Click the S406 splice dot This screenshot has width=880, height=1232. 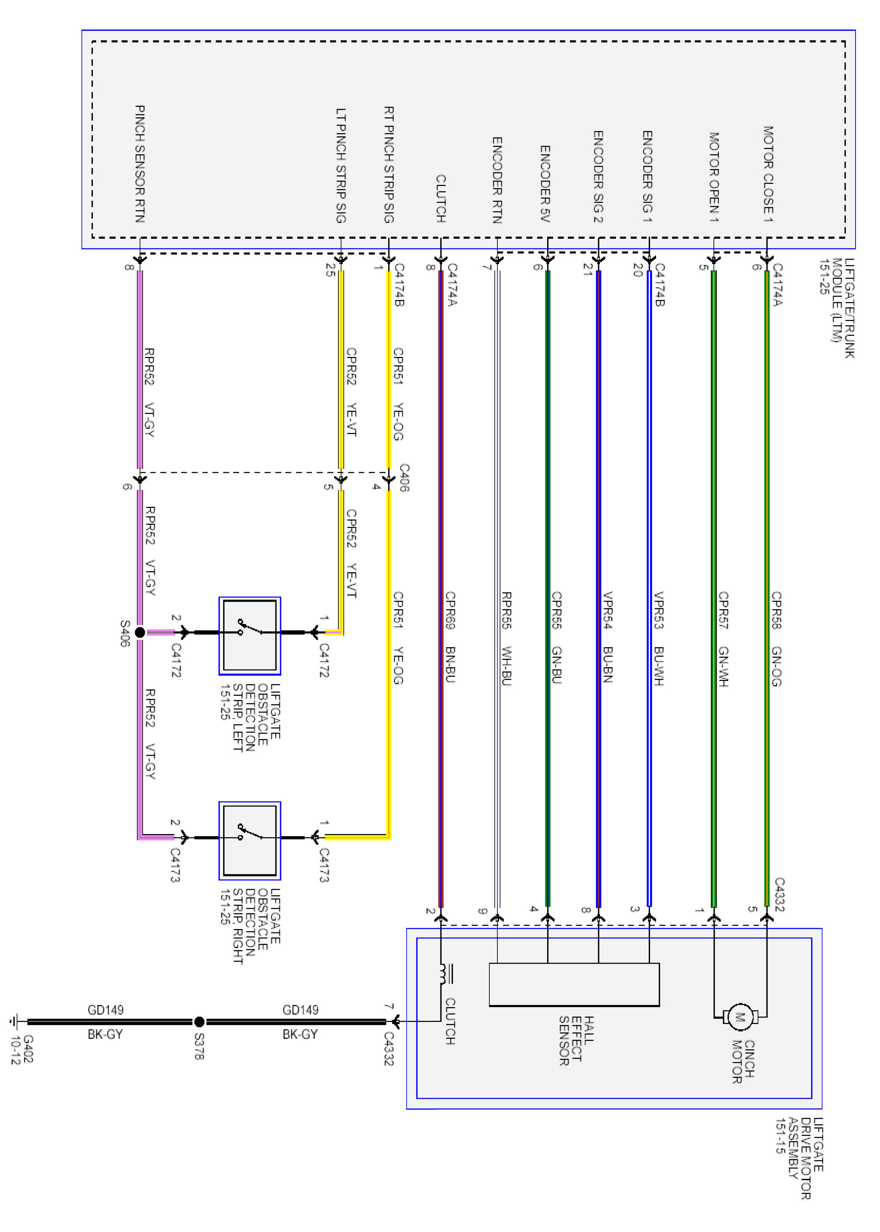tap(140, 632)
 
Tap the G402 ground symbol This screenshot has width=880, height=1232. tap(15, 1022)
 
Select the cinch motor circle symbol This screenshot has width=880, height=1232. tap(740, 1016)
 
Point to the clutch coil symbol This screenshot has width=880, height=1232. tap(444, 973)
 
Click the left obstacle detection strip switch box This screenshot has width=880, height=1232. tap(250, 636)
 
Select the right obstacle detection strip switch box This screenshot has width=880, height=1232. tap(250, 840)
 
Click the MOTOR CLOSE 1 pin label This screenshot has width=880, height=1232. tap(768, 174)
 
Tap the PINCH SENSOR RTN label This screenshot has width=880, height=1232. tap(140, 164)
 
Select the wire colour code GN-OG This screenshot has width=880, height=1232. tap(777, 666)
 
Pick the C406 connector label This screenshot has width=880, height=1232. tap(404, 478)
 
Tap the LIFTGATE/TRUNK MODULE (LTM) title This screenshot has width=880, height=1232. tap(837, 307)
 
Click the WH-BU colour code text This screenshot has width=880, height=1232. tap(507, 666)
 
